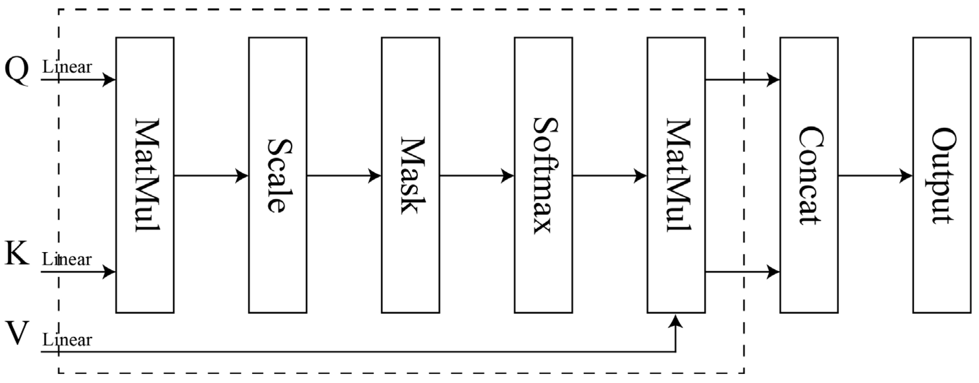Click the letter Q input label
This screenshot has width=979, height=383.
click(x=17, y=70)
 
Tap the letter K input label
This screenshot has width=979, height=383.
click(x=17, y=254)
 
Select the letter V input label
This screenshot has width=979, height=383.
click(x=17, y=333)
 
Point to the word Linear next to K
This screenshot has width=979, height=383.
click(x=67, y=260)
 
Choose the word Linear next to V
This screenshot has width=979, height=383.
click(x=67, y=340)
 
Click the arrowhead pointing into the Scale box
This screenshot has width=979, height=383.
click(x=242, y=176)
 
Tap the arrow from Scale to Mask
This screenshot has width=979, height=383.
click(x=344, y=176)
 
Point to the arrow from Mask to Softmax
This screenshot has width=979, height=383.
click(x=477, y=176)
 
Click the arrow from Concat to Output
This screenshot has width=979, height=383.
click(x=875, y=176)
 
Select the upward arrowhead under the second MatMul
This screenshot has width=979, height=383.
click(x=676, y=321)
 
